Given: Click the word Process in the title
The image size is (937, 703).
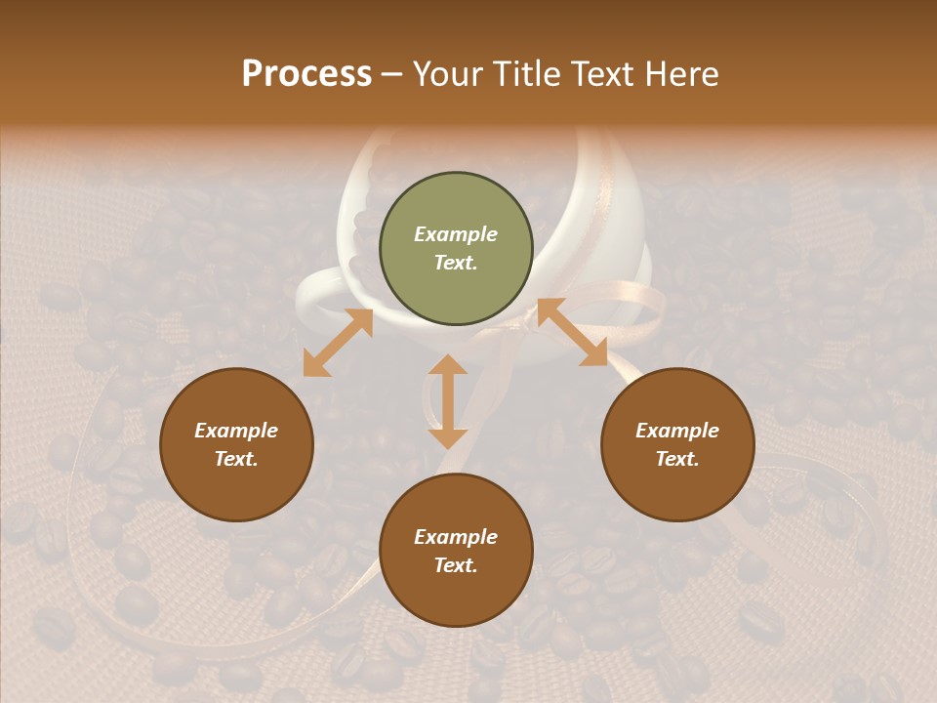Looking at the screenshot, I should pos(306,74).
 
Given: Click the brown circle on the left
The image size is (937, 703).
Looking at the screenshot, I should pos(236,444).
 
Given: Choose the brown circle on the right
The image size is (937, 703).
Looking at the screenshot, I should pos(677,444).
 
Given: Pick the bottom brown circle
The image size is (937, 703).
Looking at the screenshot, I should pos(456,551).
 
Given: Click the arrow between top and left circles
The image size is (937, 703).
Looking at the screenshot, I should pos(338,343).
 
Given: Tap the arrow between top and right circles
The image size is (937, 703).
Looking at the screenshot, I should pos(572,332).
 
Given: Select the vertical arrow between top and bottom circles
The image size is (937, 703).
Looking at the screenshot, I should pos(448,401).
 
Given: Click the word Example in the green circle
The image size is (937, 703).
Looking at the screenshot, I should pos(456,234).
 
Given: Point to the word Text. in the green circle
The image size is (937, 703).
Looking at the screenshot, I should pos(456,263).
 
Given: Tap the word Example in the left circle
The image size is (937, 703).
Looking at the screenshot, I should pos(236,431).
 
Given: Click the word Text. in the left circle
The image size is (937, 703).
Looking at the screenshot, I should pos(236,459).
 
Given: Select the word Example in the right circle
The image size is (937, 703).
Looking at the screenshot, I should pos(677,431).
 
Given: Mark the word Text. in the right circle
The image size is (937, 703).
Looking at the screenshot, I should pos(677,459).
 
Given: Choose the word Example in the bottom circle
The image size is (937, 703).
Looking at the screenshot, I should pos(456,537).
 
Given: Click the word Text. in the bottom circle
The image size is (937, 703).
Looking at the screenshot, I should pos(456,565).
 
